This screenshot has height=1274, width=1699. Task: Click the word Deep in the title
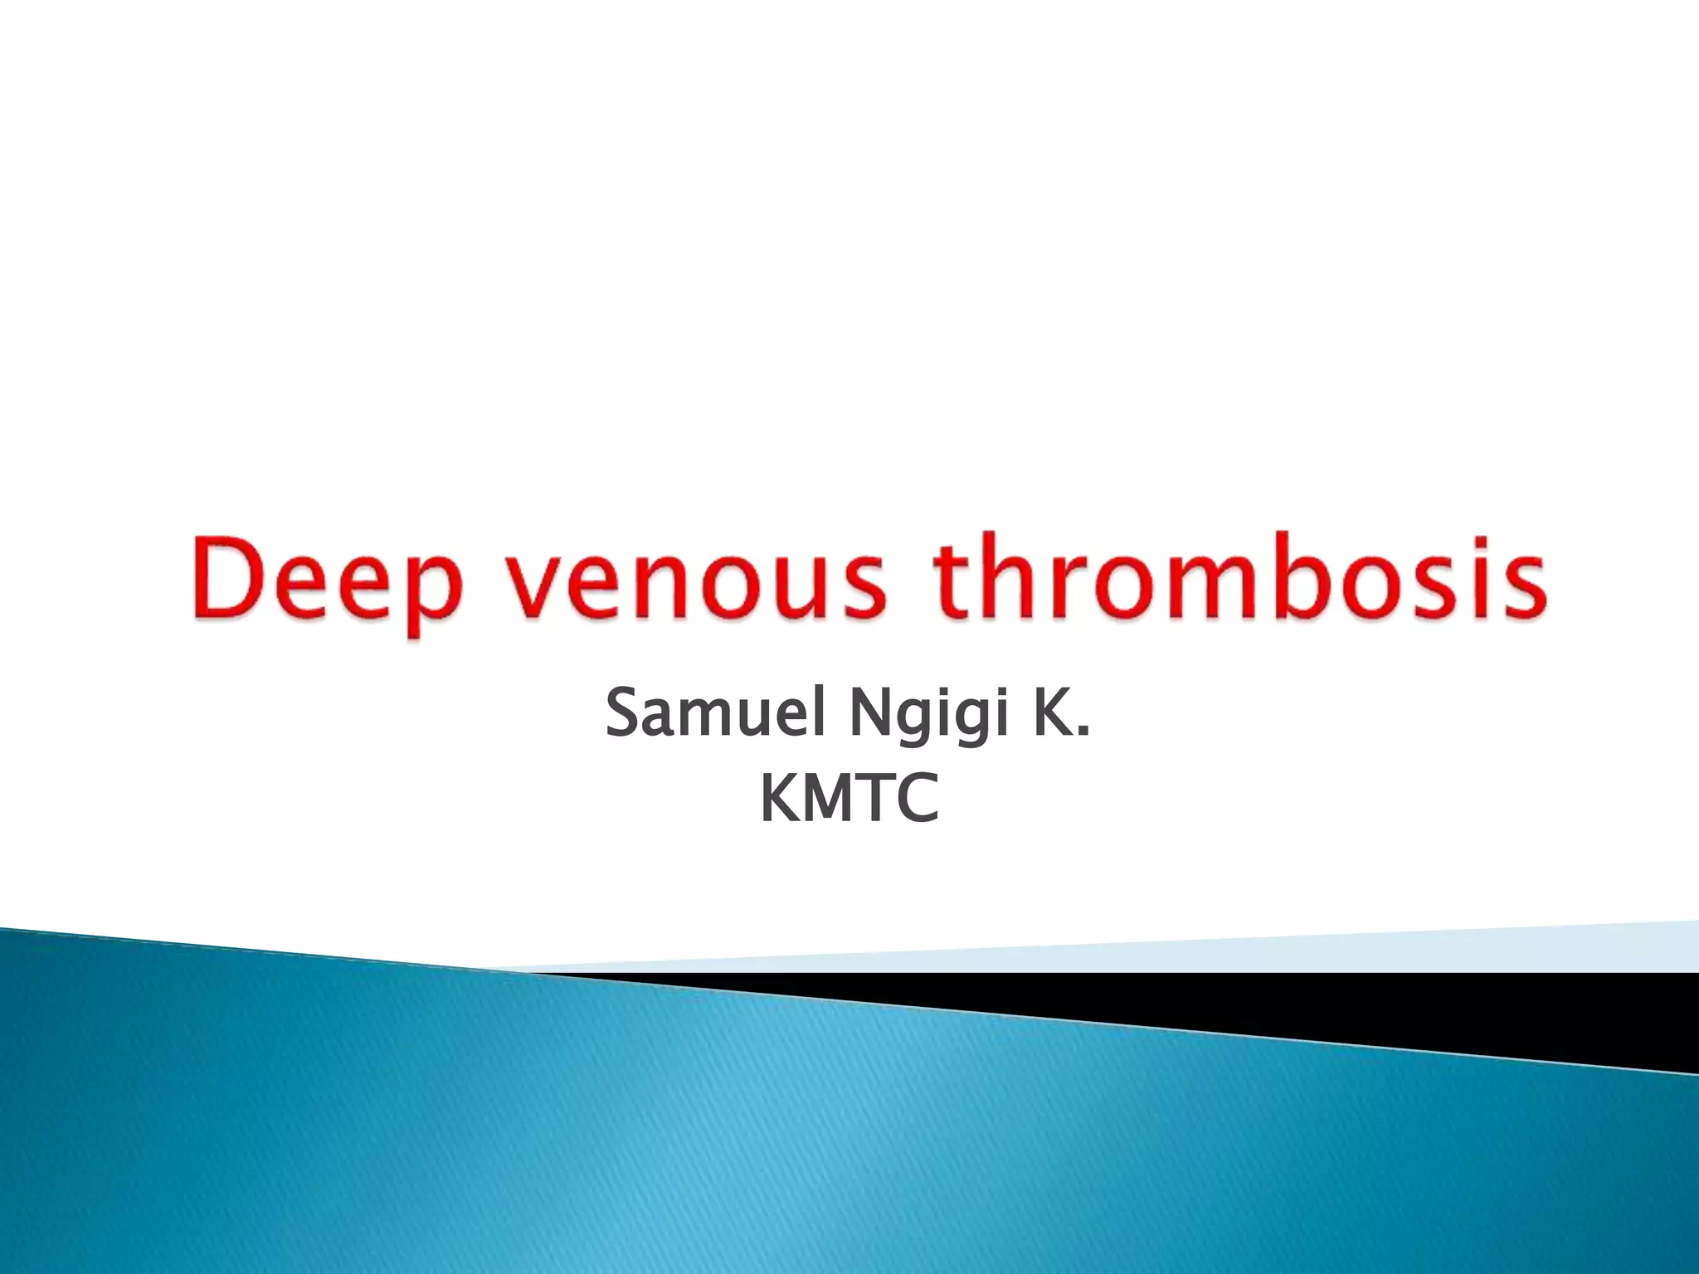[328, 579]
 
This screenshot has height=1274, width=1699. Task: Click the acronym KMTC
[849, 797]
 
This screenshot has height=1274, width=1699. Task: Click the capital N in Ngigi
[869, 714]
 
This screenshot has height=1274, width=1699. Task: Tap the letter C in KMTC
[918, 797]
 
